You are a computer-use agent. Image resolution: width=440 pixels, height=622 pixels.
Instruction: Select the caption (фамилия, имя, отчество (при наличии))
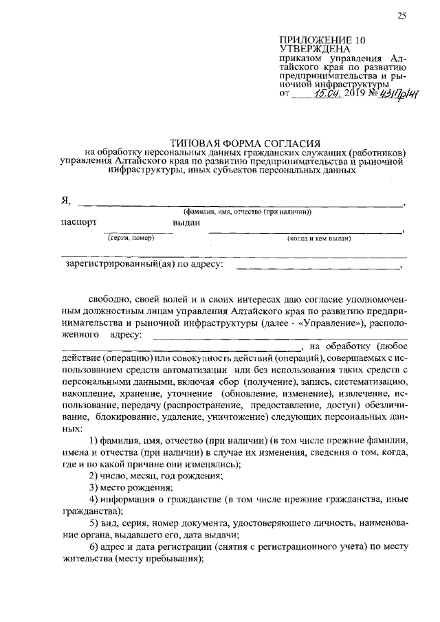pyautogui.click(x=247, y=212)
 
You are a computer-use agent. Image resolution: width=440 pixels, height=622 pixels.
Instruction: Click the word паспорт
pyautogui.click(x=78, y=223)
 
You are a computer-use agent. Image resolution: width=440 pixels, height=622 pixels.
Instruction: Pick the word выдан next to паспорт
pyautogui.click(x=186, y=223)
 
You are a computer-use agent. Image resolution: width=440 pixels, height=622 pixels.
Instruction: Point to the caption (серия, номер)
pyautogui.click(x=131, y=238)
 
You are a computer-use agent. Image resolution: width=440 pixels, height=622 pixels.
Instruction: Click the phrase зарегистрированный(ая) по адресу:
pyautogui.click(x=141, y=263)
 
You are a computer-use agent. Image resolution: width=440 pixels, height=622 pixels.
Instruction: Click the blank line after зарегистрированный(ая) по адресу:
pyautogui.click(x=316, y=266)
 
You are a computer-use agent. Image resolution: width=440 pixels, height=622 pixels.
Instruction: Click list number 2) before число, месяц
pyautogui.click(x=96, y=476)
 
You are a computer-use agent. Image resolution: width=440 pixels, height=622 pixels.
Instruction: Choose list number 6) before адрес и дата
pyautogui.click(x=96, y=548)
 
